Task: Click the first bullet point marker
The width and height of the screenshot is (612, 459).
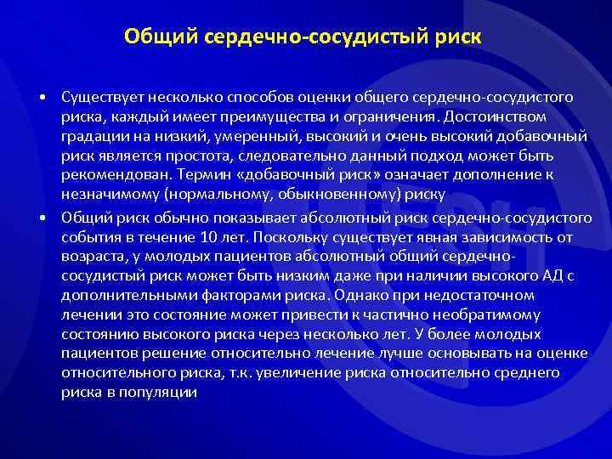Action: [42, 98]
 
